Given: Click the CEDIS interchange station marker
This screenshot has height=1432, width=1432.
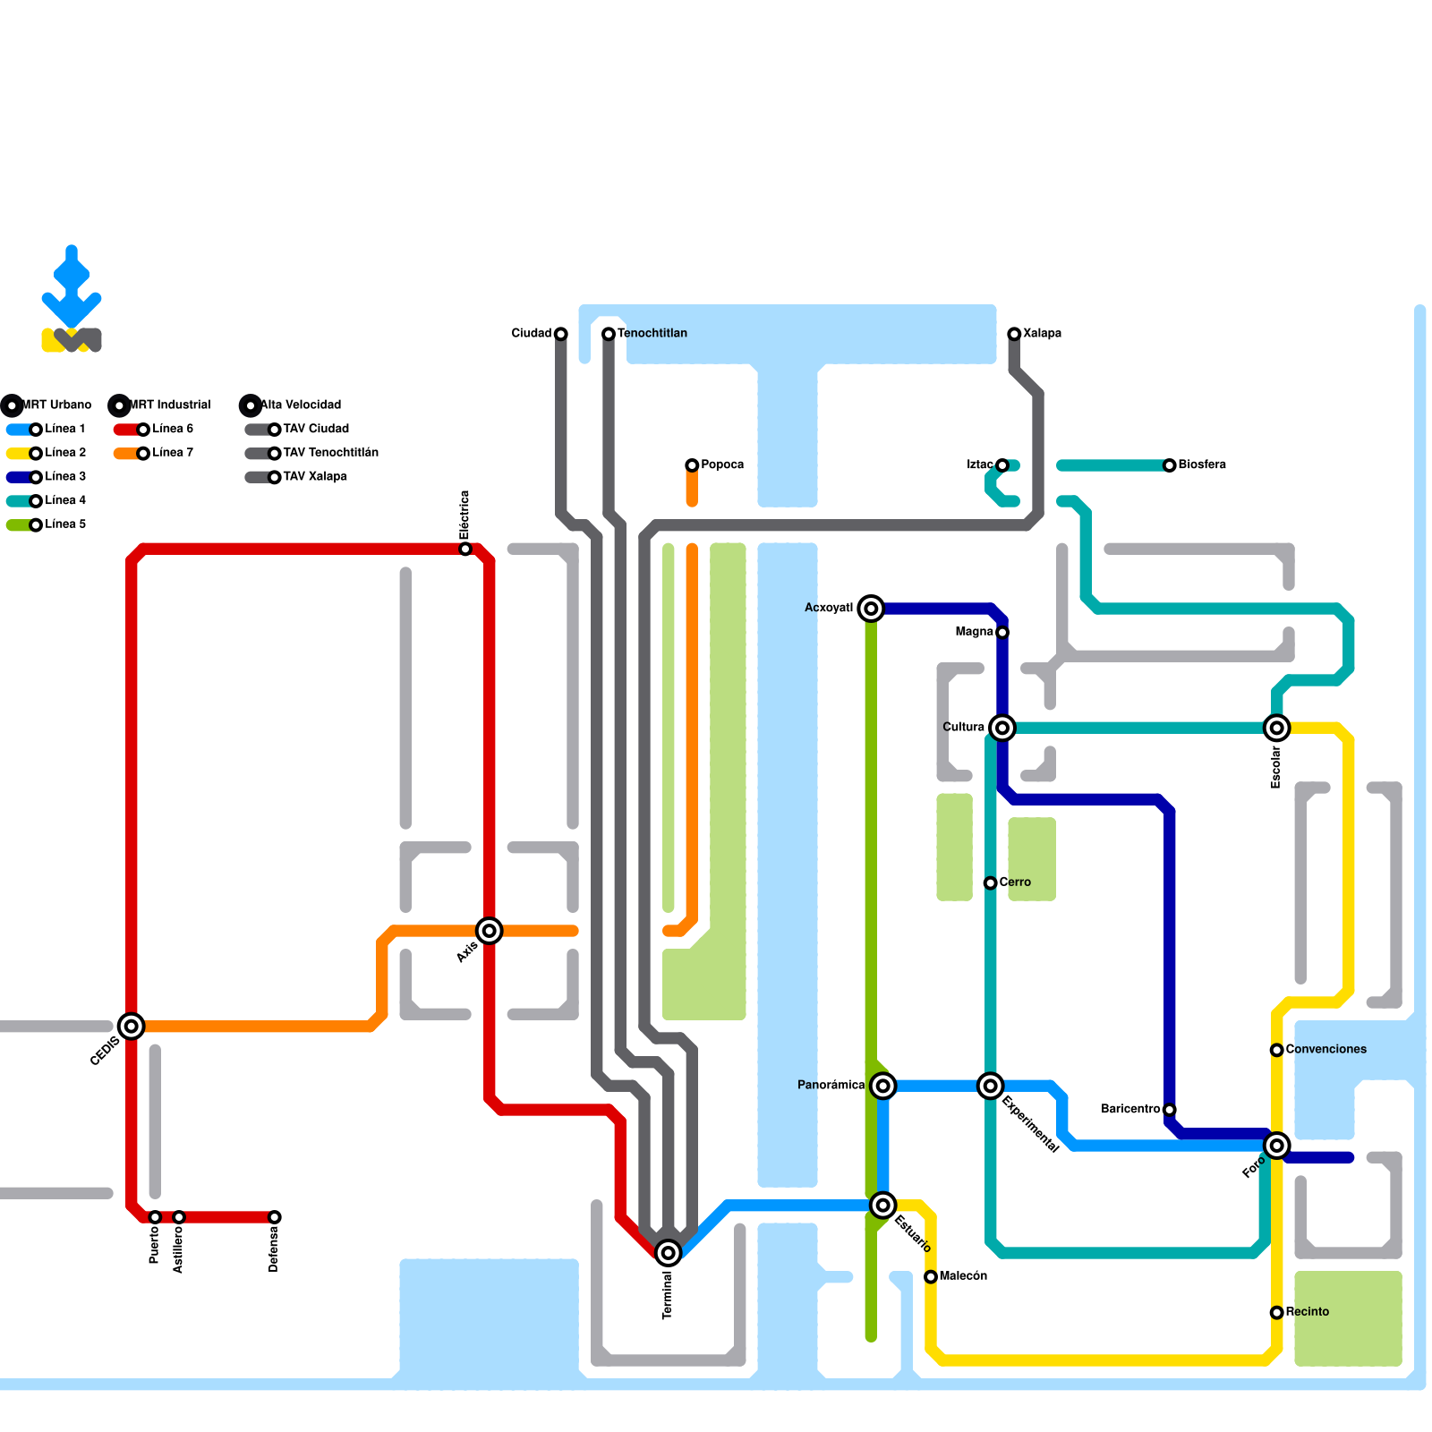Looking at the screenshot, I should (x=132, y=1027).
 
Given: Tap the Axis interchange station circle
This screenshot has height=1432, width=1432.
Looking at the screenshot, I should (x=489, y=931).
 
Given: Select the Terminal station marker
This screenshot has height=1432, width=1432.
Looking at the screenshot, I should (x=668, y=1253).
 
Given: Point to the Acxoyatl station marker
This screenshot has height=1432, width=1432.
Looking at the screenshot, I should (x=871, y=609).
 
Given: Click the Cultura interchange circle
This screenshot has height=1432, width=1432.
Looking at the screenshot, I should (x=1002, y=728).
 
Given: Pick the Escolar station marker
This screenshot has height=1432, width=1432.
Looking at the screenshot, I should (x=1277, y=728).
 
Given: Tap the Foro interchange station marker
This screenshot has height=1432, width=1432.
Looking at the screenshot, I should (x=1277, y=1146).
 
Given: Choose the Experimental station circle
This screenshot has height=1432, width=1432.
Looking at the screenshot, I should (x=990, y=1086).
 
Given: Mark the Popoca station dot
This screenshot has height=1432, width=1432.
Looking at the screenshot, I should (x=692, y=465).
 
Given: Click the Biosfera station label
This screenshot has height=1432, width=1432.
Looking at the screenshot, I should (x=1202, y=465).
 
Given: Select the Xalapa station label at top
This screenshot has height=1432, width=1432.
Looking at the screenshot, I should (x=1042, y=333).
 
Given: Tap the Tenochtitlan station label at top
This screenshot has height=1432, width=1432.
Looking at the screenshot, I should (x=652, y=333).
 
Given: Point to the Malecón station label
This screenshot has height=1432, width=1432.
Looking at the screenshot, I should (x=963, y=1275).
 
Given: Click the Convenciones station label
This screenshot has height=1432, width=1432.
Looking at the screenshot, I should (x=1325, y=1049).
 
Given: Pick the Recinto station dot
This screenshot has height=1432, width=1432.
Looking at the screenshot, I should (x=1277, y=1312).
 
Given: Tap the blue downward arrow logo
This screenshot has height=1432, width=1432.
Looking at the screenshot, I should (x=72, y=286).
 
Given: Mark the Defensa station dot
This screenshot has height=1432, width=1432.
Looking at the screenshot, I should (x=275, y=1217).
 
